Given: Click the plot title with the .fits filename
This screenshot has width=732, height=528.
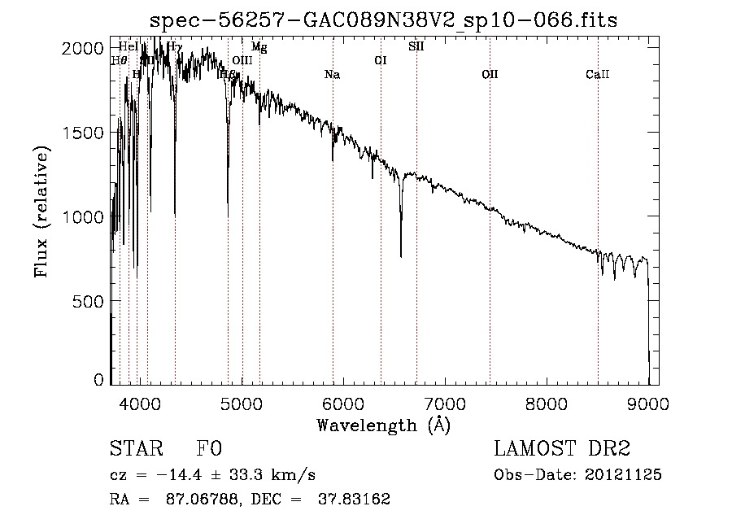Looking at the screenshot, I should (x=384, y=20).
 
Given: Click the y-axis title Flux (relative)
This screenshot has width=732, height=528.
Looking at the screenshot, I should (x=41, y=211).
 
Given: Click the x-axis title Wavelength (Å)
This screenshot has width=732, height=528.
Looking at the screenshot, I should (x=383, y=425).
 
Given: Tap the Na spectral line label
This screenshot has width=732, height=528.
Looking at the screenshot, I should (x=332, y=75).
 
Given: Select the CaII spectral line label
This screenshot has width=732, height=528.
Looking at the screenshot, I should (x=598, y=75).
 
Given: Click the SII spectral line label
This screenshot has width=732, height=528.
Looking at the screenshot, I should (x=416, y=46).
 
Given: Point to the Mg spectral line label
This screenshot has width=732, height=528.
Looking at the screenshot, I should (x=259, y=47).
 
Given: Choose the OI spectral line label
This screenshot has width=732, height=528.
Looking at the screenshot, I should (x=380, y=60).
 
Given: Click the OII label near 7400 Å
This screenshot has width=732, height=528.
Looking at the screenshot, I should (x=490, y=75).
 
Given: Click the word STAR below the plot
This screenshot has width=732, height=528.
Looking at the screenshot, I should (x=135, y=450).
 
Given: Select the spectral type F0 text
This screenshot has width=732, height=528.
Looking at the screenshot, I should (x=209, y=450).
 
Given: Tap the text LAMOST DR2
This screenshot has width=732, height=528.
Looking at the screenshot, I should (x=562, y=450).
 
